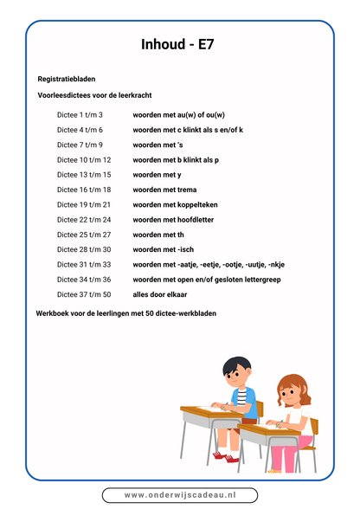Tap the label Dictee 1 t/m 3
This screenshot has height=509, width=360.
point(80,114)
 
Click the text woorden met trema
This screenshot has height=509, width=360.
point(162,190)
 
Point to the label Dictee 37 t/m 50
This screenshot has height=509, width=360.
point(84,294)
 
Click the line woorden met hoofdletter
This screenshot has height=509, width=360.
point(173,220)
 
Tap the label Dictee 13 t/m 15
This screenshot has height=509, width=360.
point(84,174)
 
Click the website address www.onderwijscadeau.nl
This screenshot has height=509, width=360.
point(180,495)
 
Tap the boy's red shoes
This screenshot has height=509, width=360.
point(222,455)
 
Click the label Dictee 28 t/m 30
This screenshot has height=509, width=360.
point(84,249)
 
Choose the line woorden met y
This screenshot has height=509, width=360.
point(154,174)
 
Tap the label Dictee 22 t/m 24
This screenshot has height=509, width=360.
point(84,220)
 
